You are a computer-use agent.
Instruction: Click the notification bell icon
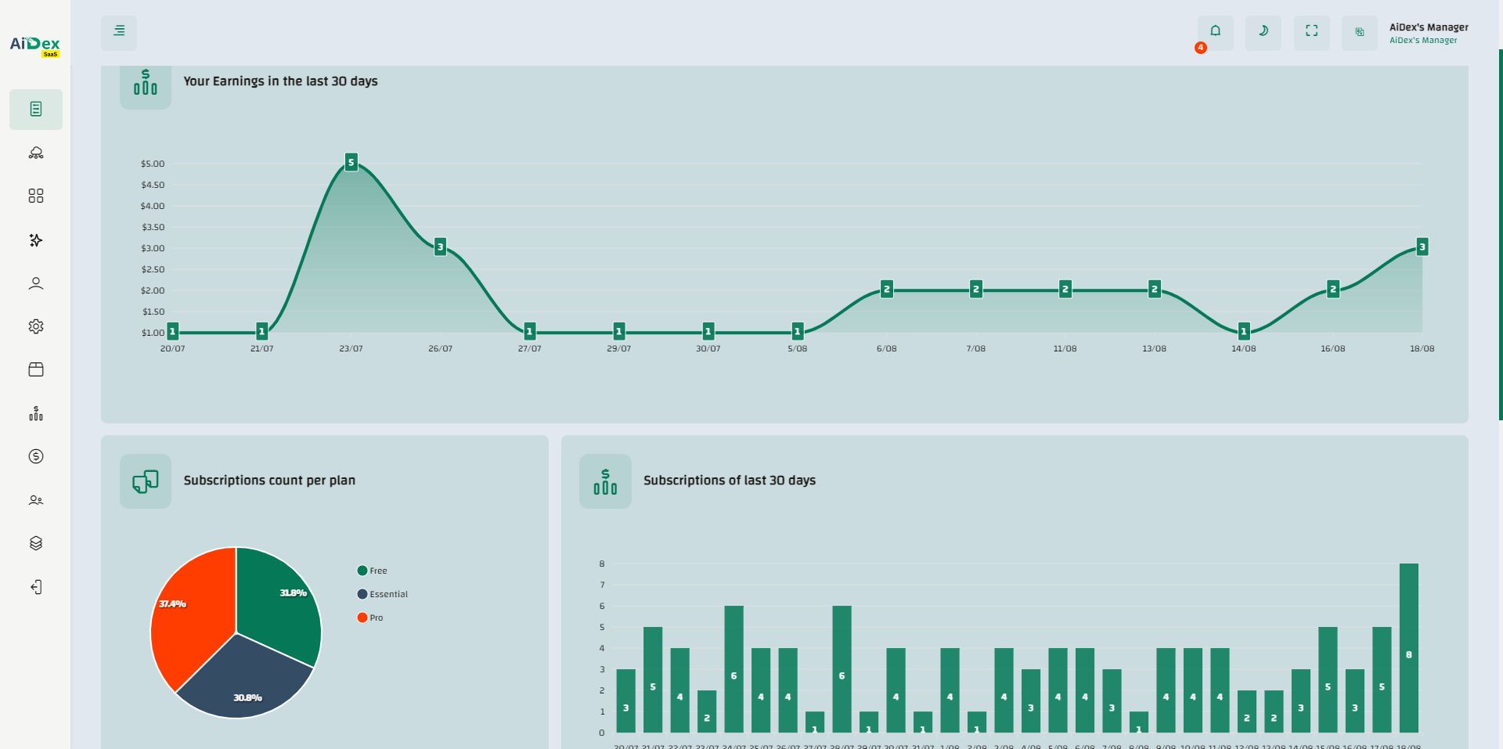pos(1215,31)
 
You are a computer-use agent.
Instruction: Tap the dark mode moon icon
pos(1263,31)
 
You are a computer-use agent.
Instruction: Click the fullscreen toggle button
pos(1311,31)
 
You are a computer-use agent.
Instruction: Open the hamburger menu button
pos(119,31)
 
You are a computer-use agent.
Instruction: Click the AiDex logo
pos(35,45)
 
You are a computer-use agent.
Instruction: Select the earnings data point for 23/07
pos(351,163)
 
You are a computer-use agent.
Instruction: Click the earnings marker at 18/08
pos(1422,247)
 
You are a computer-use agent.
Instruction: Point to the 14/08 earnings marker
pos(1244,332)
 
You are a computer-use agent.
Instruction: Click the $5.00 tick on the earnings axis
pos(153,164)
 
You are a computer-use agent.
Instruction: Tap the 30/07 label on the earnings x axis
pos(708,348)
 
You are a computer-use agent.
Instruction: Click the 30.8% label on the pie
pos(247,697)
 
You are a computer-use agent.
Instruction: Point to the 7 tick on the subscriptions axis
pos(602,585)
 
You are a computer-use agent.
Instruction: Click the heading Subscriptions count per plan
pos(269,481)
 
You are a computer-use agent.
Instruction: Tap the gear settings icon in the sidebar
pos(36,326)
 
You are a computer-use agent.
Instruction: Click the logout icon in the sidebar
pos(36,587)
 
